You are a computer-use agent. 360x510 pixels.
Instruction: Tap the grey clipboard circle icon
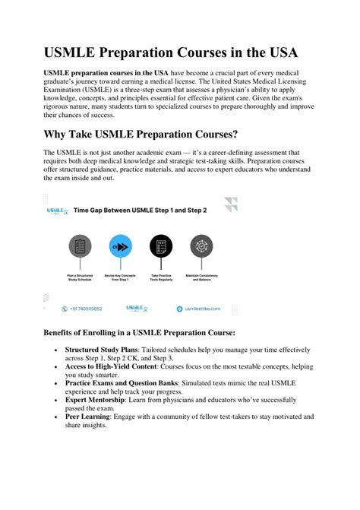(77, 246)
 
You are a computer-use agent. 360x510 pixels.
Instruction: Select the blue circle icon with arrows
(118, 246)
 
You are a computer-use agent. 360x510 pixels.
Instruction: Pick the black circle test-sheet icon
(158, 246)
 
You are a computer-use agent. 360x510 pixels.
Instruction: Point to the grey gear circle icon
(201, 246)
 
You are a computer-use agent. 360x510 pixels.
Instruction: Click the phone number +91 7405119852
(81, 309)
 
